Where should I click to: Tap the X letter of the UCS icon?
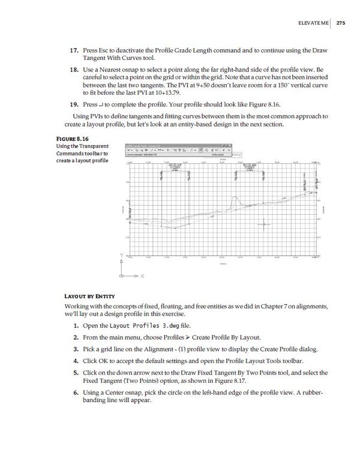pos(143,276)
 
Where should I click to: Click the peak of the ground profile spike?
pos(236,197)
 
